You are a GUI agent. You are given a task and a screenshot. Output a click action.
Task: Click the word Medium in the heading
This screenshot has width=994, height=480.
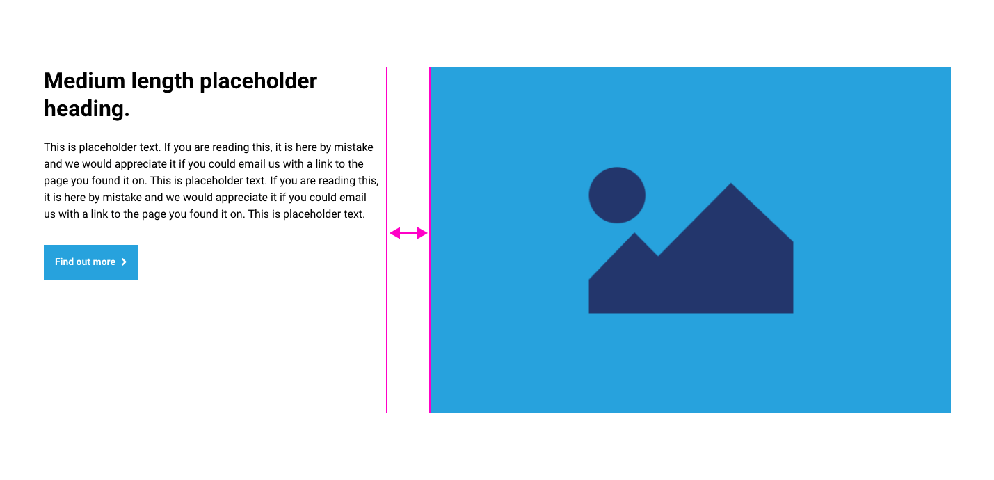coord(84,81)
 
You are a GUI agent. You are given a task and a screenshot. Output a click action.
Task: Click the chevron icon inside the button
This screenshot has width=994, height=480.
coord(125,262)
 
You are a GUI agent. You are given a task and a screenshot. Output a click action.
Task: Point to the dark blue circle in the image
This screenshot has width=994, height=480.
coord(617,195)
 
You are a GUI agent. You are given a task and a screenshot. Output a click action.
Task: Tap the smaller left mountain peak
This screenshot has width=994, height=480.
coord(634,233)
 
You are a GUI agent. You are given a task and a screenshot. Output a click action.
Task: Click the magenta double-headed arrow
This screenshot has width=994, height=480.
coord(408,233)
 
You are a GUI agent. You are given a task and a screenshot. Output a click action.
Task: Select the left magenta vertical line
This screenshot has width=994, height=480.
coord(387,240)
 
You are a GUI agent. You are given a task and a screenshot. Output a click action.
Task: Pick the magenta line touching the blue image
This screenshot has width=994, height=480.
coord(430,240)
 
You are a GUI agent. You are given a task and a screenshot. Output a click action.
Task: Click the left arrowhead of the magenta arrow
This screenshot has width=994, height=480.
coord(394,233)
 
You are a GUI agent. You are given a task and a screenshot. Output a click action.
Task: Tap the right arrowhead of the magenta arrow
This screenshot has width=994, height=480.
coord(422,233)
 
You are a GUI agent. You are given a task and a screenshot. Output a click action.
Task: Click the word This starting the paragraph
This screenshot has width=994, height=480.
coord(54,147)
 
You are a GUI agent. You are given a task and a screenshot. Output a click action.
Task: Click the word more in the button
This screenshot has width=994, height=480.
coord(104,262)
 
